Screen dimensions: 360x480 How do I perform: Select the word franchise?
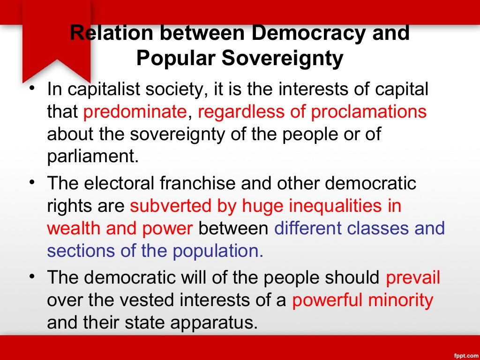click(x=197, y=183)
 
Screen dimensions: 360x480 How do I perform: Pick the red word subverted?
click(x=168, y=206)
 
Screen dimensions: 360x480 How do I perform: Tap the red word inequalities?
click(x=333, y=206)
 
